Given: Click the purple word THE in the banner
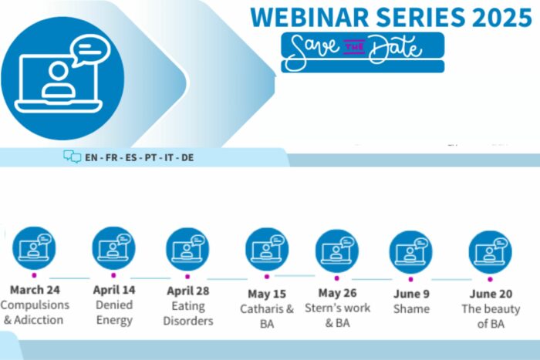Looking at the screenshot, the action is (x=354, y=47).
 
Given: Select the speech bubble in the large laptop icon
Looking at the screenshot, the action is (x=90, y=51).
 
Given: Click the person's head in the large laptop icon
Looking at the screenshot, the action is (x=58, y=71).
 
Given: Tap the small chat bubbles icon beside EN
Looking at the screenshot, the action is (x=73, y=156).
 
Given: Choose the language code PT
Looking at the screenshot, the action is (x=150, y=157).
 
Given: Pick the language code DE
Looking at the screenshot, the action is (x=187, y=157).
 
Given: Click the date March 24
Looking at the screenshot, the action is (x=35, y=290).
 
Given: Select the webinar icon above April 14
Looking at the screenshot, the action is (x=113, y=248).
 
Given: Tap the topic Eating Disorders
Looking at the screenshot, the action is (x=188, y=313).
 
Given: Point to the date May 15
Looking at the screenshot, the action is (x=267, y=294).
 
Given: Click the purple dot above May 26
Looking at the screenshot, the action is (x=337, y=278).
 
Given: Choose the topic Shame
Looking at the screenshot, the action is (x=411, y=308).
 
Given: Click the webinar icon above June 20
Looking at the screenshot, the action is (x=490, y=252).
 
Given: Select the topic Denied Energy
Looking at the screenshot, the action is (x=114, y=312).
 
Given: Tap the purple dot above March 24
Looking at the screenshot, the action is (x=34, y=275).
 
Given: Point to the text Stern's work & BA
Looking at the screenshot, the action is (x=338, y=315).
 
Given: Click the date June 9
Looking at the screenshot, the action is (x=411, y=294).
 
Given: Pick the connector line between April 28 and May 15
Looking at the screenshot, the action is (x=228, y=279).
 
